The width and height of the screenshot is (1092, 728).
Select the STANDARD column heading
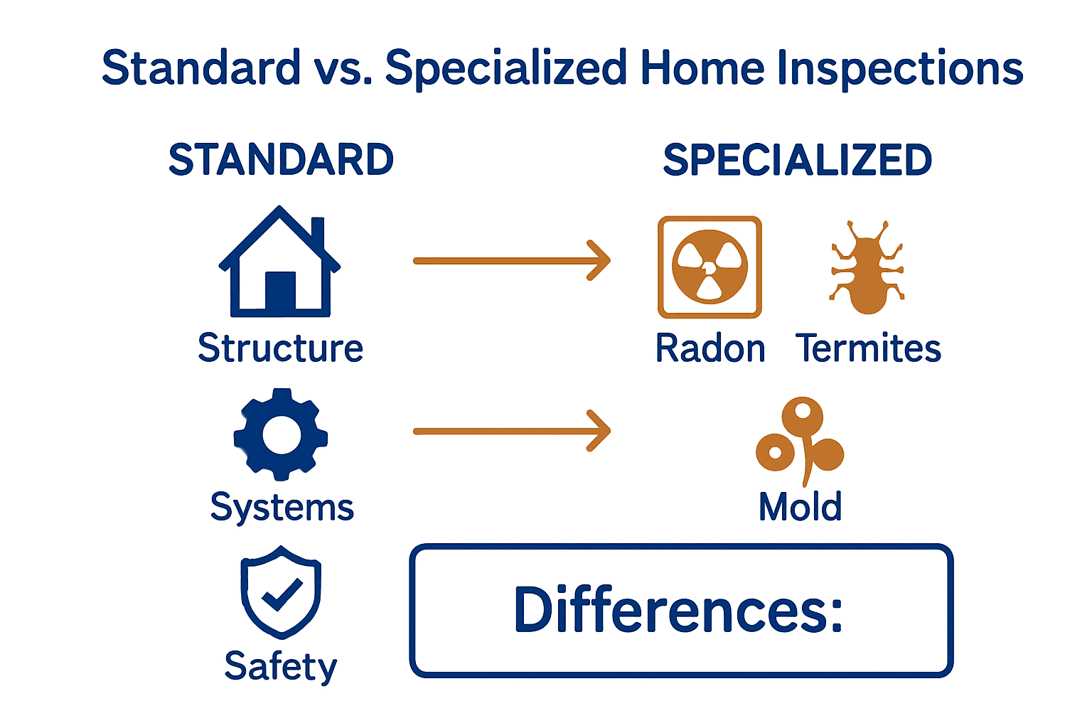tap(282, 159)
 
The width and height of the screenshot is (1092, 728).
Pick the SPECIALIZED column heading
tap(798, 159)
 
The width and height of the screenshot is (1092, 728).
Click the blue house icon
tap(280, 262)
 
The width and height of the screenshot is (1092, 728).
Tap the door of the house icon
tap(280, 290)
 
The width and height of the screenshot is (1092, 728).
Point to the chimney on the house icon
tap(318, 233)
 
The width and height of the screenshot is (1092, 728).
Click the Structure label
tap(280, 348)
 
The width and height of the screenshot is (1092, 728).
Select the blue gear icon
tap(281, 434)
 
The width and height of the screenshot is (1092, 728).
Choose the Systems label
tap(282, 507)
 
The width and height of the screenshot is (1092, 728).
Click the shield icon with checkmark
tap(281, 592)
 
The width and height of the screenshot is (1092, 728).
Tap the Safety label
tap(281, 667)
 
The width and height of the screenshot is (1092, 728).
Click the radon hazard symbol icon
tap(710, 267)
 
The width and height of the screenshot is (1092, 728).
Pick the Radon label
tap(710, 348)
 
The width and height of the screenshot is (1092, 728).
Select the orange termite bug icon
tap(867, 267)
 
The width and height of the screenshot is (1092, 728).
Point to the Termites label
tap(868, 348)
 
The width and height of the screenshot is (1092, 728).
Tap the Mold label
tap(801, 507)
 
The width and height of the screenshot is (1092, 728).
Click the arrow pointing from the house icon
tap(512, 261)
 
